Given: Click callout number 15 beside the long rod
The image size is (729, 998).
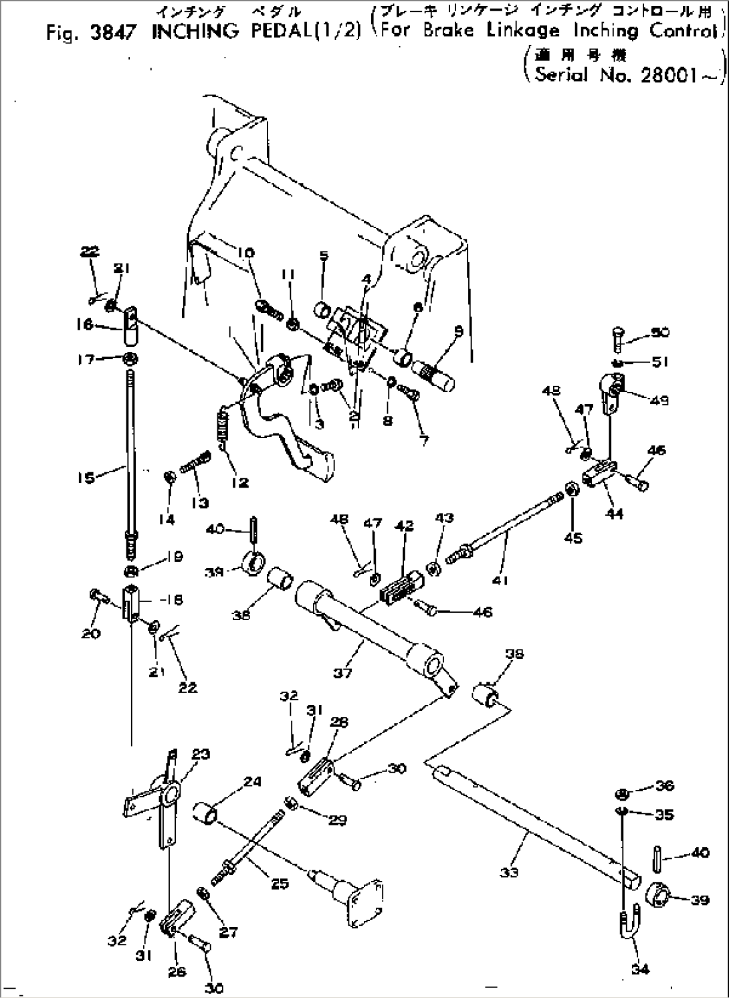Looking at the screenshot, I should coord(86,478).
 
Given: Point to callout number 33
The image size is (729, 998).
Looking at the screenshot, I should coord(509,872).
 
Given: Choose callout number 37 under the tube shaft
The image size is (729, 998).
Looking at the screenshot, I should coord(342,672).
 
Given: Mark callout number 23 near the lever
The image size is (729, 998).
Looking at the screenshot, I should coord(201,754).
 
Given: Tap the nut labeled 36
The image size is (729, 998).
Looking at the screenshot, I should coord(621,794).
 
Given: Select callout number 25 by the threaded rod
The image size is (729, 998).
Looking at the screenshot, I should coord(280,884).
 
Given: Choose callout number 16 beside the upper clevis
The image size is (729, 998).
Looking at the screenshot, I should coord(85,324).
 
